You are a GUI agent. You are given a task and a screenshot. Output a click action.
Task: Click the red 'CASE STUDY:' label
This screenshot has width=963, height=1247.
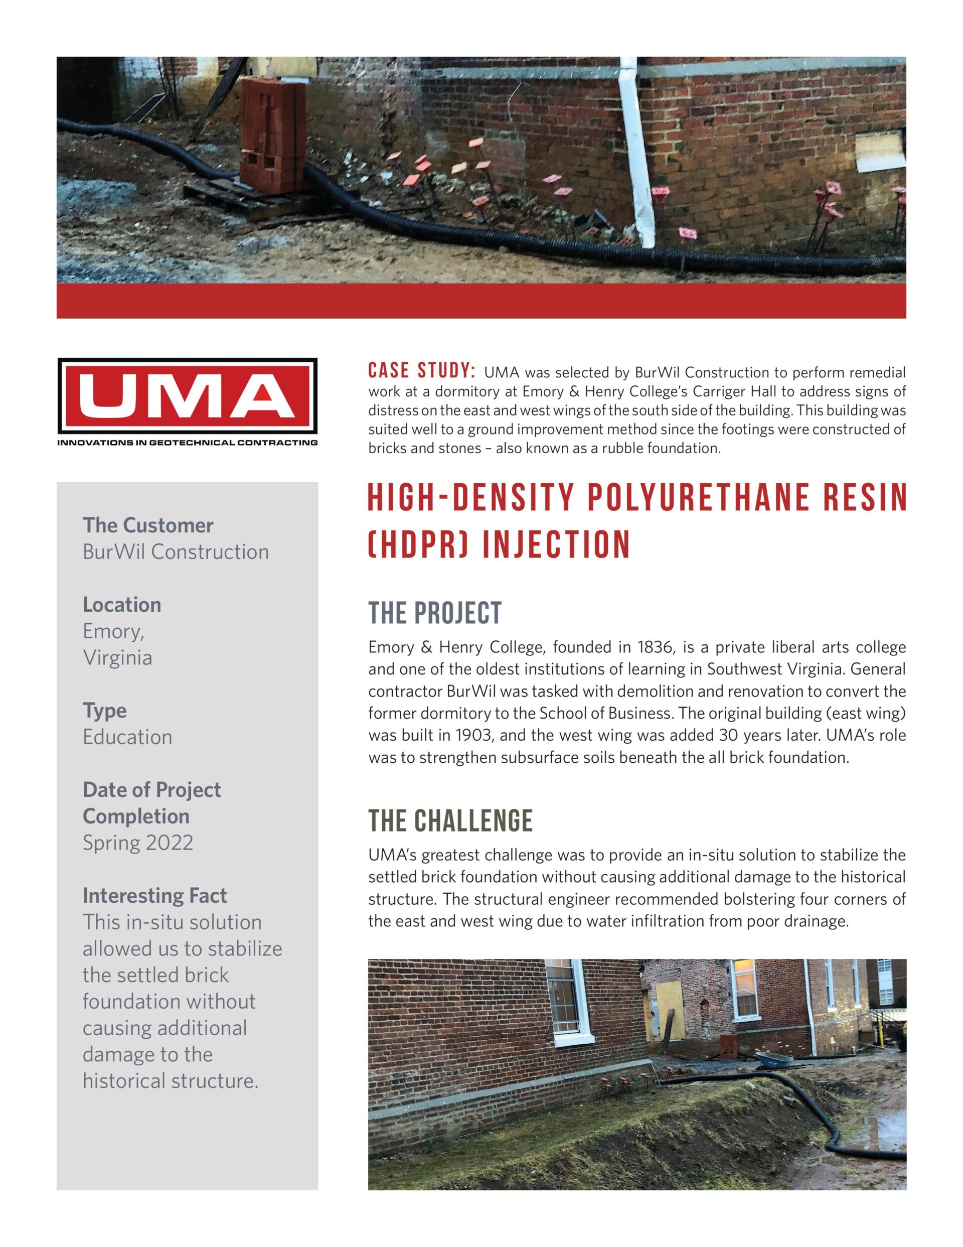[421, 371]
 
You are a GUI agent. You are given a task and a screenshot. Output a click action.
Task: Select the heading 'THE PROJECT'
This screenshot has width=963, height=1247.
[434, 613]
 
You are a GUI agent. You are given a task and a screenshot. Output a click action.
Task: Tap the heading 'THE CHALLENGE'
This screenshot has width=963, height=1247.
[450, 821]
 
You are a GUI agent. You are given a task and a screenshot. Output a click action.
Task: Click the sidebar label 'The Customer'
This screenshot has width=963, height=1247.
[148, 525]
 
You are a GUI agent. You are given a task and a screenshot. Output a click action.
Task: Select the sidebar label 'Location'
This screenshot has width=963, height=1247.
[121, 604]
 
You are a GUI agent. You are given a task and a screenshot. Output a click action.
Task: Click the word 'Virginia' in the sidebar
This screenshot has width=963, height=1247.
[117, 657]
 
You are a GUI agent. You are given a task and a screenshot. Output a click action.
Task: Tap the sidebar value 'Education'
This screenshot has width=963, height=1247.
[127, 737]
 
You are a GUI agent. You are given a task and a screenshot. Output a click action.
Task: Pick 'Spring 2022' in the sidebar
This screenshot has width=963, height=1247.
[137, 843]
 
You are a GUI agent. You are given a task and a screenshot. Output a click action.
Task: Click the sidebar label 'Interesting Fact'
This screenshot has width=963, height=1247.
[154, 895]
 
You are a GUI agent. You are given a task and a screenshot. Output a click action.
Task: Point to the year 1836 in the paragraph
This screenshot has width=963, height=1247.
[641, 647]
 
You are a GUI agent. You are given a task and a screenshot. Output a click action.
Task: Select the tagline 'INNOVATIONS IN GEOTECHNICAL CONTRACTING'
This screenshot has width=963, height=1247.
[187, 442]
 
